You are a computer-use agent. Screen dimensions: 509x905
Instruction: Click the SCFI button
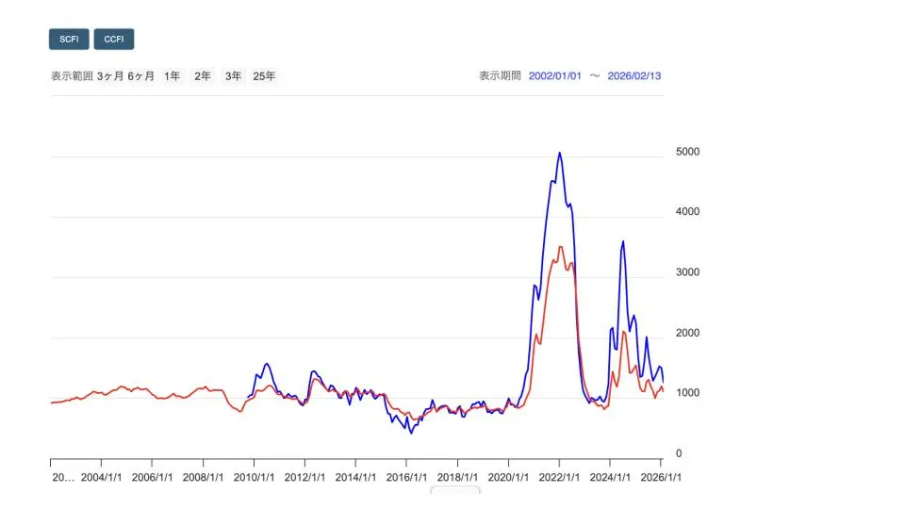(x=69, y=40)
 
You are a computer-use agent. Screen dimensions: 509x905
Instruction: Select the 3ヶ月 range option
(x=110, y=76)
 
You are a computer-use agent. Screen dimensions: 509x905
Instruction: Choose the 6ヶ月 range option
(x=140, y=76)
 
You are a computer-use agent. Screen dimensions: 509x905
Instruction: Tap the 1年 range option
(x=172, y=76)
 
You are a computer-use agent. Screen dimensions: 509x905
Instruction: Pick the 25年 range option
(x=264, y=76)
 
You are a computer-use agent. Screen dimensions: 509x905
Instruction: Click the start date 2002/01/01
(x=555, y=76)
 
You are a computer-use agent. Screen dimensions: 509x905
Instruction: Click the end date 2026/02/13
(x=635, y=76)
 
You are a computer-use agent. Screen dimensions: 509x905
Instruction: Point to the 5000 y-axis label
(x=688, y=152)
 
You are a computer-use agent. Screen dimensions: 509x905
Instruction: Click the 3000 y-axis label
(x=688, y=272)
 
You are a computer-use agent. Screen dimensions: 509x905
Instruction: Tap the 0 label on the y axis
(x=679, y=453)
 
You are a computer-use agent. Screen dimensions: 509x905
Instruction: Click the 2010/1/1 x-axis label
(x=255, y=477)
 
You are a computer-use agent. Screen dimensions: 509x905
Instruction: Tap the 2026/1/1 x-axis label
(x=661, y=477)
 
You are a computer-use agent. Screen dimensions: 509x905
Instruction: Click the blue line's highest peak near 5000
(x=560, y=153)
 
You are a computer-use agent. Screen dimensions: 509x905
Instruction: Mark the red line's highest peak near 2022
(x=561, y=247)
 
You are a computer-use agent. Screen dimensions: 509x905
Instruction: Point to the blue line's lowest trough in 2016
(x=411, y=433)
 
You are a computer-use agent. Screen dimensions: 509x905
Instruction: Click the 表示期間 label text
(x=500, y=76)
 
